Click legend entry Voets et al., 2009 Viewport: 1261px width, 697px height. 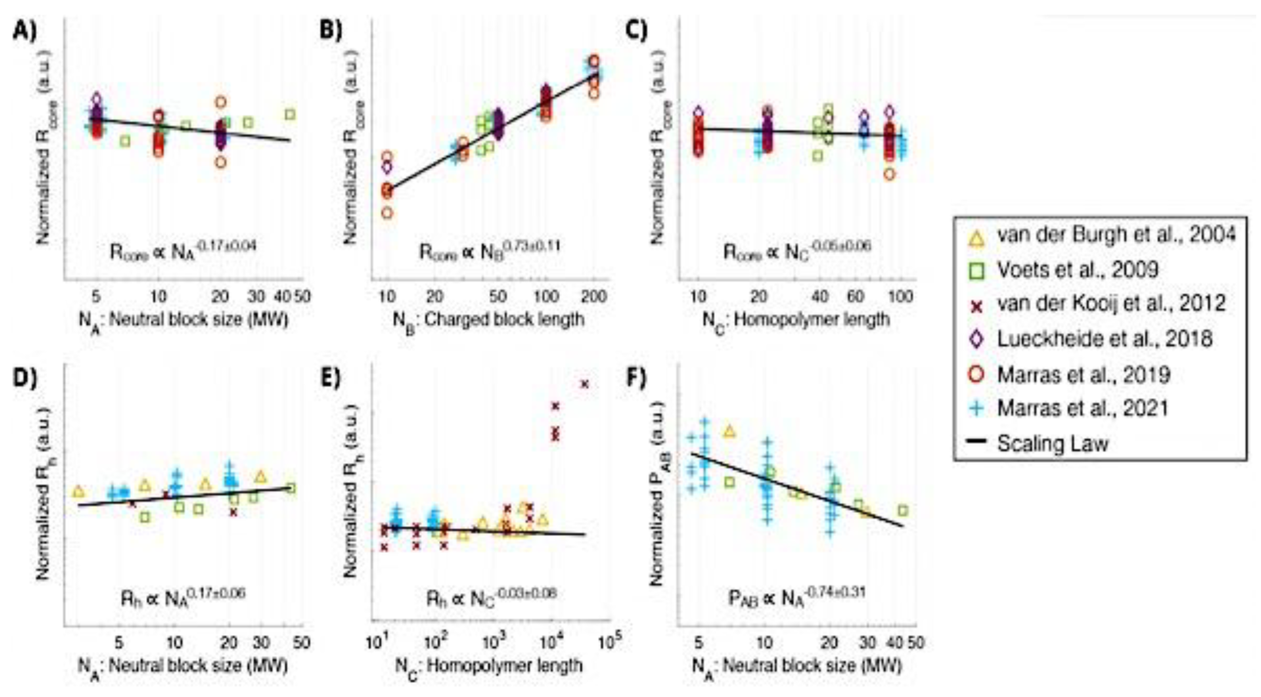pyautogui.click(x=1077, y=269)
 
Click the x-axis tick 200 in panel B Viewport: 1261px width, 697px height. pyautogui.click(x=593, y=296)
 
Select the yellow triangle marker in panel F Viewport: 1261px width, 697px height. pyautogui.click(x=730, y=431)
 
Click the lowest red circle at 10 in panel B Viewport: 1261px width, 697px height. pyautogui.click(x=387, y=213)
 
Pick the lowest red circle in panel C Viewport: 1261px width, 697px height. pyautogui.click(x=890, y=174)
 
